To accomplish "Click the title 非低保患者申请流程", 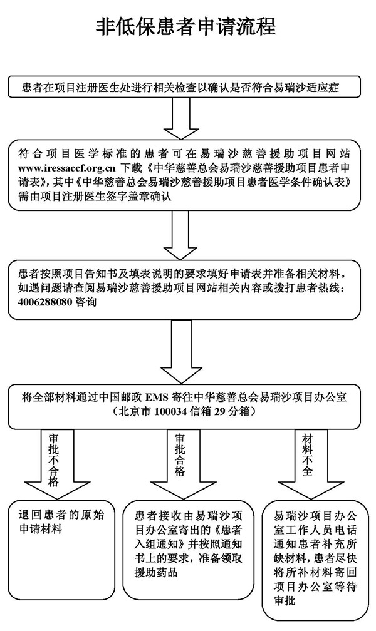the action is point(185,26).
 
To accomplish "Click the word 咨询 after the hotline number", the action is point(86,302).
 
